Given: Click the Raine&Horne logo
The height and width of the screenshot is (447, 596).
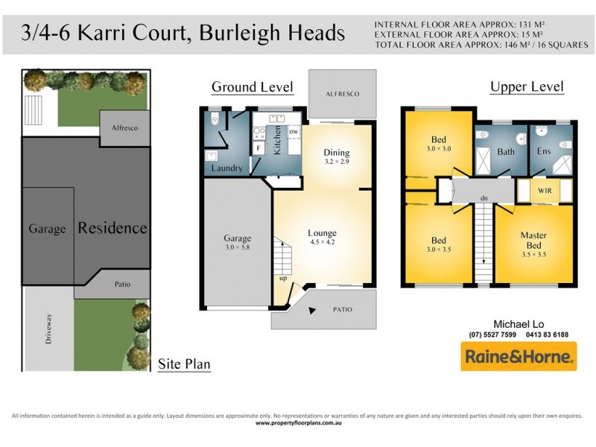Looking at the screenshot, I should [519, 358].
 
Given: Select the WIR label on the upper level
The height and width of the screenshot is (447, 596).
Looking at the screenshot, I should [545, 191].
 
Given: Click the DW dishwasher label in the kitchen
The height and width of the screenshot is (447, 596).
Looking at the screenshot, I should [293, 133].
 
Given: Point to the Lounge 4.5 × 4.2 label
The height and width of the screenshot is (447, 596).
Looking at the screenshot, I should [322, 238].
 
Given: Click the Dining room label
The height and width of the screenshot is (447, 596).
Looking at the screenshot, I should [337, 157].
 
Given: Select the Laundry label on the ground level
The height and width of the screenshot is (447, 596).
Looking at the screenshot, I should [226, 168].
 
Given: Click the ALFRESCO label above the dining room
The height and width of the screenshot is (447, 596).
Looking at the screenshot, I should [342, 94].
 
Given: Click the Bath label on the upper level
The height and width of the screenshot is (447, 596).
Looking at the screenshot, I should [506, 152].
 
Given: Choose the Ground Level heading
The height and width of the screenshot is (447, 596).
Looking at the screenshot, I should [253, 87].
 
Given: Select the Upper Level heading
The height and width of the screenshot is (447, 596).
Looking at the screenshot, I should [527, 87].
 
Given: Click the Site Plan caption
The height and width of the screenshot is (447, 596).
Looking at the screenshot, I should [184, 365].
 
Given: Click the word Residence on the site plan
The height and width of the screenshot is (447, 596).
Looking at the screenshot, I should [112, 228].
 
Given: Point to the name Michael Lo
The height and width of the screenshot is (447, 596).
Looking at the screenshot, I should [519, 324].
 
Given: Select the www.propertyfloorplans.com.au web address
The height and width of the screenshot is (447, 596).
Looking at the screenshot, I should [298, 423].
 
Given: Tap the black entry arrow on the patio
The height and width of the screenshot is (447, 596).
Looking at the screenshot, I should [312, 308].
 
